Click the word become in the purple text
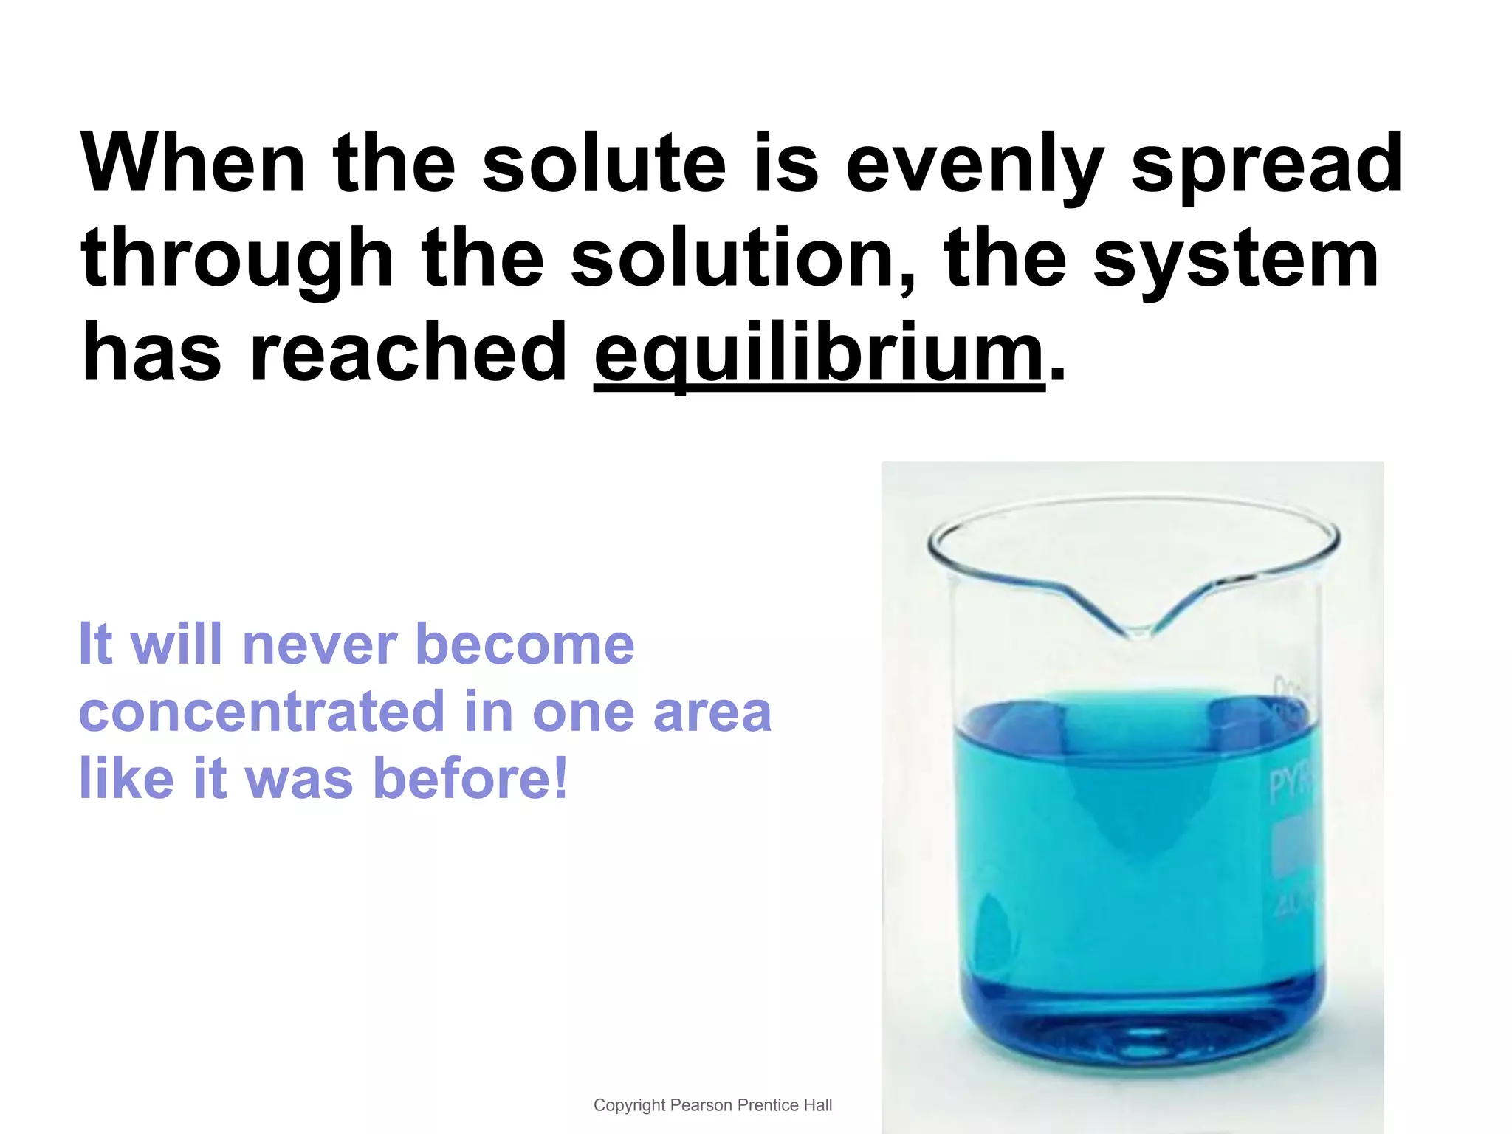click(525, 644)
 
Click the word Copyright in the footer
click(630, 1105)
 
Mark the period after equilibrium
click(1057, 374)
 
